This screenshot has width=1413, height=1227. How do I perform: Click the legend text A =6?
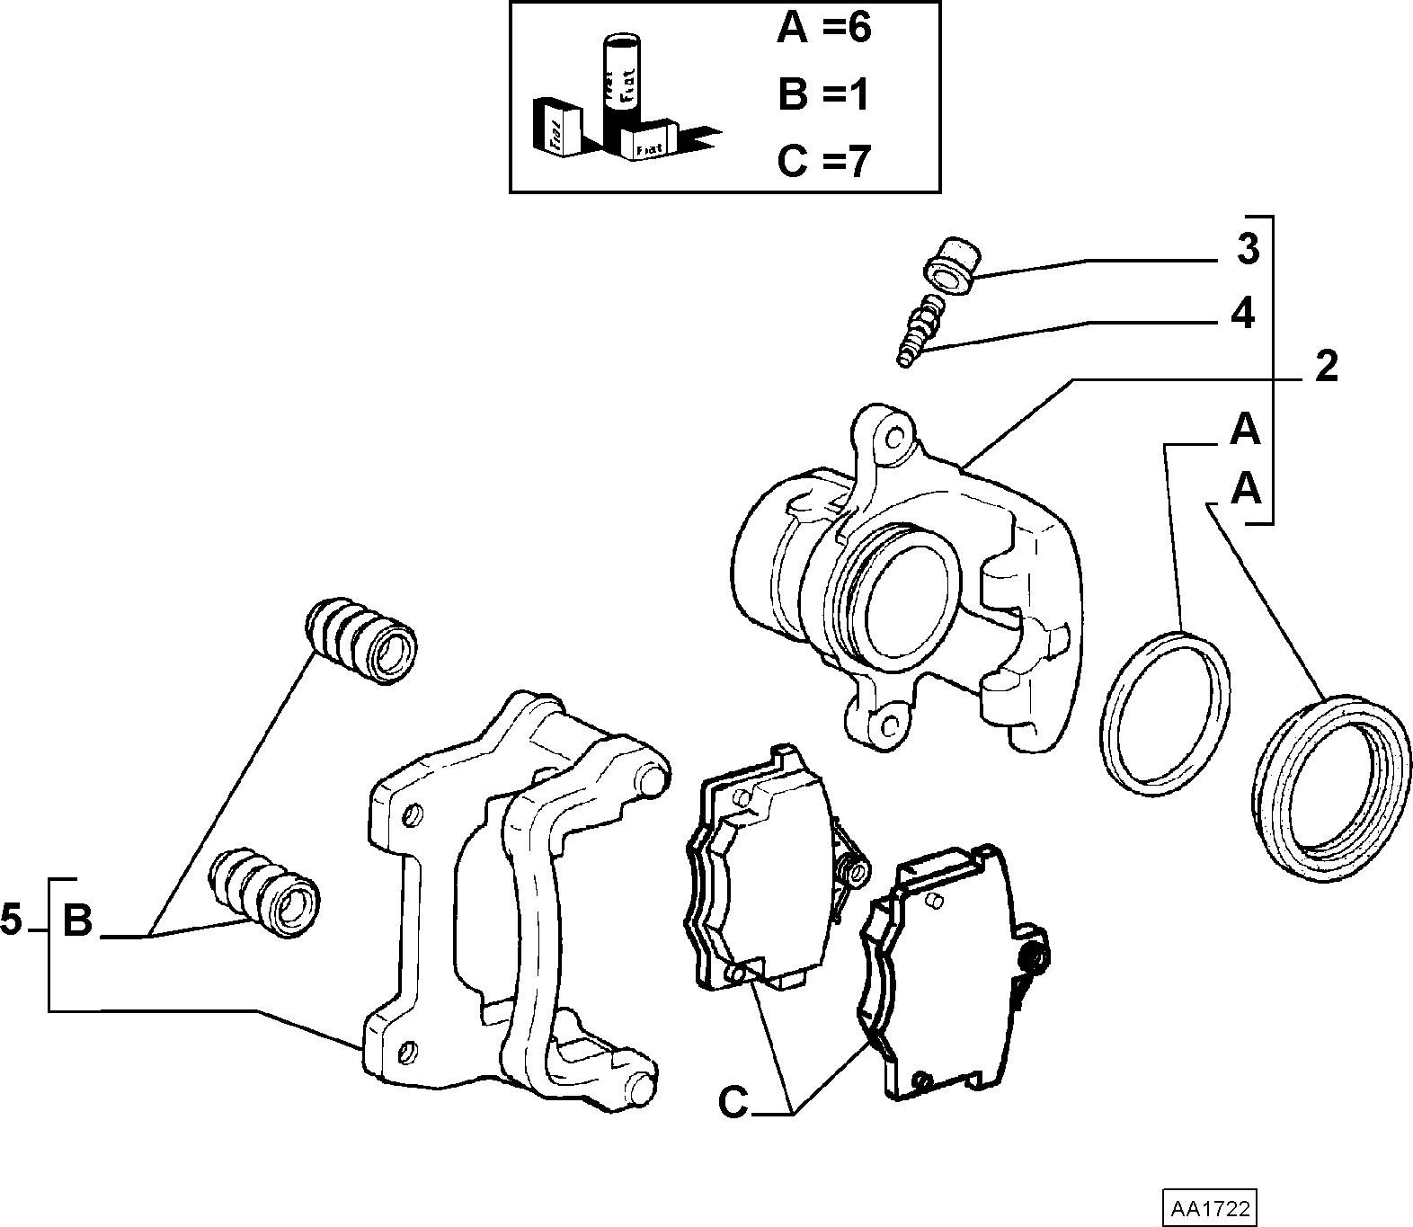824,29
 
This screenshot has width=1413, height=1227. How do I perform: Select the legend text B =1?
822,94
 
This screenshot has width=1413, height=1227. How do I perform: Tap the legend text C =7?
824,161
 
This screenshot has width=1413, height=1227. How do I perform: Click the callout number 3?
1247,251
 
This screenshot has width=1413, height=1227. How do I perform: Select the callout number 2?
1326,367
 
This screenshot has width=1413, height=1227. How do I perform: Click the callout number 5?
11,920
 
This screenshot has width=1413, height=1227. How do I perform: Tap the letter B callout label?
78,920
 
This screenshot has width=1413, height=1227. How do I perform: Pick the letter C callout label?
734,1103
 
